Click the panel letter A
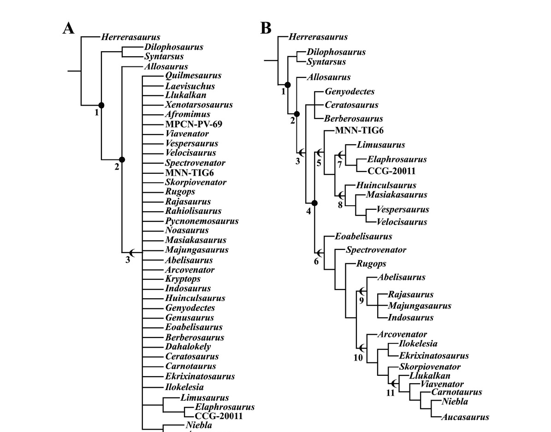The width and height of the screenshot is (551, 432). pos(68,29)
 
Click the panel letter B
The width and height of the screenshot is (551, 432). pos(266,29)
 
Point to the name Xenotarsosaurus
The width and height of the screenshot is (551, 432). pos(199,105)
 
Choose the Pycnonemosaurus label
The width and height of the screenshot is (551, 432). pos(202,221)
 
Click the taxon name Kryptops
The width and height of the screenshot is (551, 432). pos(183,279)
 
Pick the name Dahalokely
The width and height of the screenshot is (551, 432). pos(188,347)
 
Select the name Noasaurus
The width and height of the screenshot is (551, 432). pos(187,231)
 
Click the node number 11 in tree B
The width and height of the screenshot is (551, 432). pos(391,393)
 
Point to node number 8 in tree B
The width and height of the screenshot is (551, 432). pos(340,205)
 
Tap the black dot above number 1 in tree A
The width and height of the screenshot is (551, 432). pos(101,105)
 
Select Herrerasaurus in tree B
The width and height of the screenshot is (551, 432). pos(318,37)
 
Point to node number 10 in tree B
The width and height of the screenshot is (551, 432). pos(358,358)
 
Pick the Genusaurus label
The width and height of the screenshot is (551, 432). pos(190,318)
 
